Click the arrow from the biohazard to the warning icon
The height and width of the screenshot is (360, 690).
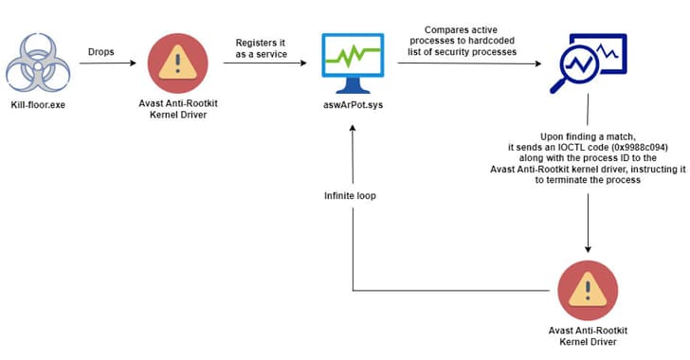100,64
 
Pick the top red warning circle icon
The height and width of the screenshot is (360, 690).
178,63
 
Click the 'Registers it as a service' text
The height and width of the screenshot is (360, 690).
261,48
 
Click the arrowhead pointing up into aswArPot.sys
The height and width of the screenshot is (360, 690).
354,130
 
